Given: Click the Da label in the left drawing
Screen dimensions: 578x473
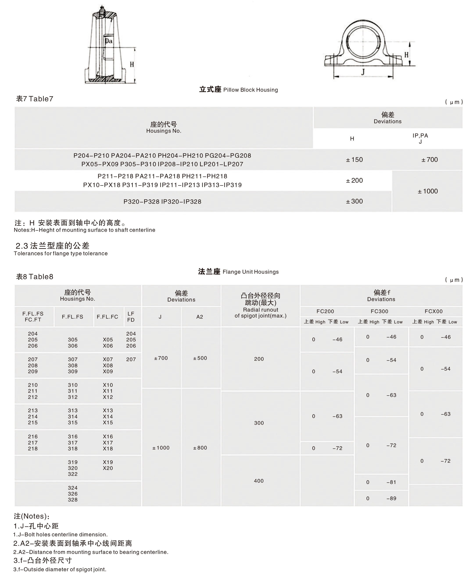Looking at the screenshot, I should click(x=108, y=41).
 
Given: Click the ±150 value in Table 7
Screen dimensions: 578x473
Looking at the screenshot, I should click(x=354, y=160).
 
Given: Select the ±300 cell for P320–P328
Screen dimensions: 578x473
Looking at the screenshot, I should click(x=354, y=201).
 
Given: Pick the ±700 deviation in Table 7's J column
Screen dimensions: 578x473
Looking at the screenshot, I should click(x=429, y=160).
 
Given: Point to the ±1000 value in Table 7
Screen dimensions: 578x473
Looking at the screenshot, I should click(x=428, y=191).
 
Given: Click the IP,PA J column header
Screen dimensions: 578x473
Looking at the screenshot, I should click(x=420, y=138).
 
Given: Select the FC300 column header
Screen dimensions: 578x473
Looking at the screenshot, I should click(x=379, y=311).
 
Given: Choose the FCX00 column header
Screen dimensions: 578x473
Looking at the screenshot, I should click(x=434, y=311).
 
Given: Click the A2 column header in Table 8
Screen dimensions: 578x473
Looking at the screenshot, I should click(x=199, y=317).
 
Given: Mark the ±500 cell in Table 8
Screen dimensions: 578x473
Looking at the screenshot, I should click(x=200, y=358).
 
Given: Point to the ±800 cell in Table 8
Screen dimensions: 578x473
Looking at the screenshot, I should click(x=200, y=448).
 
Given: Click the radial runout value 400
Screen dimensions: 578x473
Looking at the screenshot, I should click(x=259, y=481).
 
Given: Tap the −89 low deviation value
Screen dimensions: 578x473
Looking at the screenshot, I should click(x=391, y=498).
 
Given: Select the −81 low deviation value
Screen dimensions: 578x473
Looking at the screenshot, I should click(x=391, y=482).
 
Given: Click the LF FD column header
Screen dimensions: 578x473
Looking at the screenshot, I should click(x=131, y=317).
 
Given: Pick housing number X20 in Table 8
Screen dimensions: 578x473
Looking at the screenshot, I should click(x=108, y=468).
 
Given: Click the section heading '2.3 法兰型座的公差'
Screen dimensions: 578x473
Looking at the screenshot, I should click(x=52, y=246).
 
